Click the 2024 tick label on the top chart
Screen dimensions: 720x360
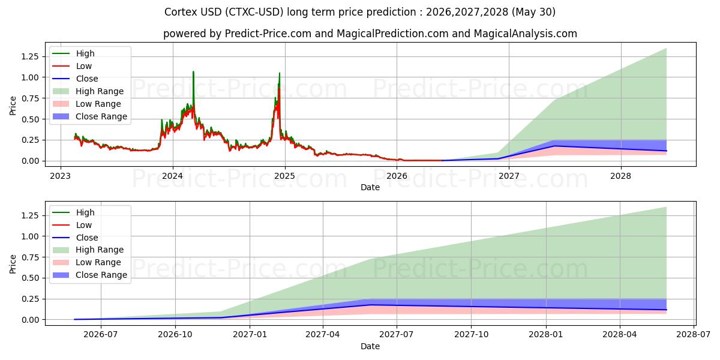(173, 176)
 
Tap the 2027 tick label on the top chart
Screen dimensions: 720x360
(509, 176)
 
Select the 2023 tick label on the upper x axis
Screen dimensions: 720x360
(61, 176)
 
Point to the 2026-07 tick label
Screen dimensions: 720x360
(101, 335)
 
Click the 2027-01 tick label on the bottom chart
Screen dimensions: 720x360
(250, 335)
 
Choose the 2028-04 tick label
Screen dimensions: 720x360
(620, 335)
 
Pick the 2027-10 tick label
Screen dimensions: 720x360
(471, 335)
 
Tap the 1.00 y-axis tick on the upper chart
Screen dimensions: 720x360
(30, 77)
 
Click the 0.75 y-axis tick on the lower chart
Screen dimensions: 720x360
(30, 257)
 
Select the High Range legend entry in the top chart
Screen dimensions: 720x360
(88, 91)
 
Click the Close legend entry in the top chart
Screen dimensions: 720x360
(75, 79)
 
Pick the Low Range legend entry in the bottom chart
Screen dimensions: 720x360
(87, 262)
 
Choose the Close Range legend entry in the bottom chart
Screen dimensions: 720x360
(89, 275)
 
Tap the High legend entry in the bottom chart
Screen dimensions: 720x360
(73, 212)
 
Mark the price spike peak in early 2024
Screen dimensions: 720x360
(193, 71)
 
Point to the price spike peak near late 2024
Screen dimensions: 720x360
(280, 73)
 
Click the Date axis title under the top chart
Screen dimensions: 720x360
(370, 187)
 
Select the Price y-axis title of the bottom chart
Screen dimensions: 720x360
(13, 264)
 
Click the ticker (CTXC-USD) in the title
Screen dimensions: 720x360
(254, 12)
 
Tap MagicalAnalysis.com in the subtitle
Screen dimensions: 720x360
(525, 34)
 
